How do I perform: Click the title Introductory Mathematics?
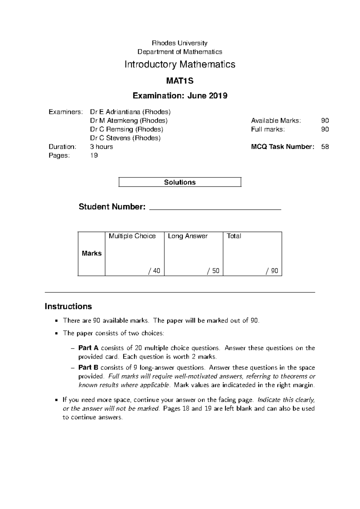point(180,65)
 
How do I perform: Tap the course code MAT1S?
point(180,81)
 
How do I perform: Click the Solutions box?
point(180,182)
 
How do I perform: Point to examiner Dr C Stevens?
point(125,138)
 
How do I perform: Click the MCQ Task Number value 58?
point(325,147)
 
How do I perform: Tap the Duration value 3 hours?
point(101,147)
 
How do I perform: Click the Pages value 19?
point(94,155)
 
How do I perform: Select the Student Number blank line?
point(215,208)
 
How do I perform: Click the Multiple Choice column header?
point(132,236)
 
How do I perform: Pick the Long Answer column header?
point(187,236)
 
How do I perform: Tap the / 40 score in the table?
point(154,271)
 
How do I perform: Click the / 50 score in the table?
point(213,271)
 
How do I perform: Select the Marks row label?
point(91,253)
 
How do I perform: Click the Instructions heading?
point(68,306)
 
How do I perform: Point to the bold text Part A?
point(88,348)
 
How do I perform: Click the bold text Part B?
point(88,368)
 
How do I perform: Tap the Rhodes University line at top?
point(180,43)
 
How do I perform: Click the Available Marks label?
point(275,121)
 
